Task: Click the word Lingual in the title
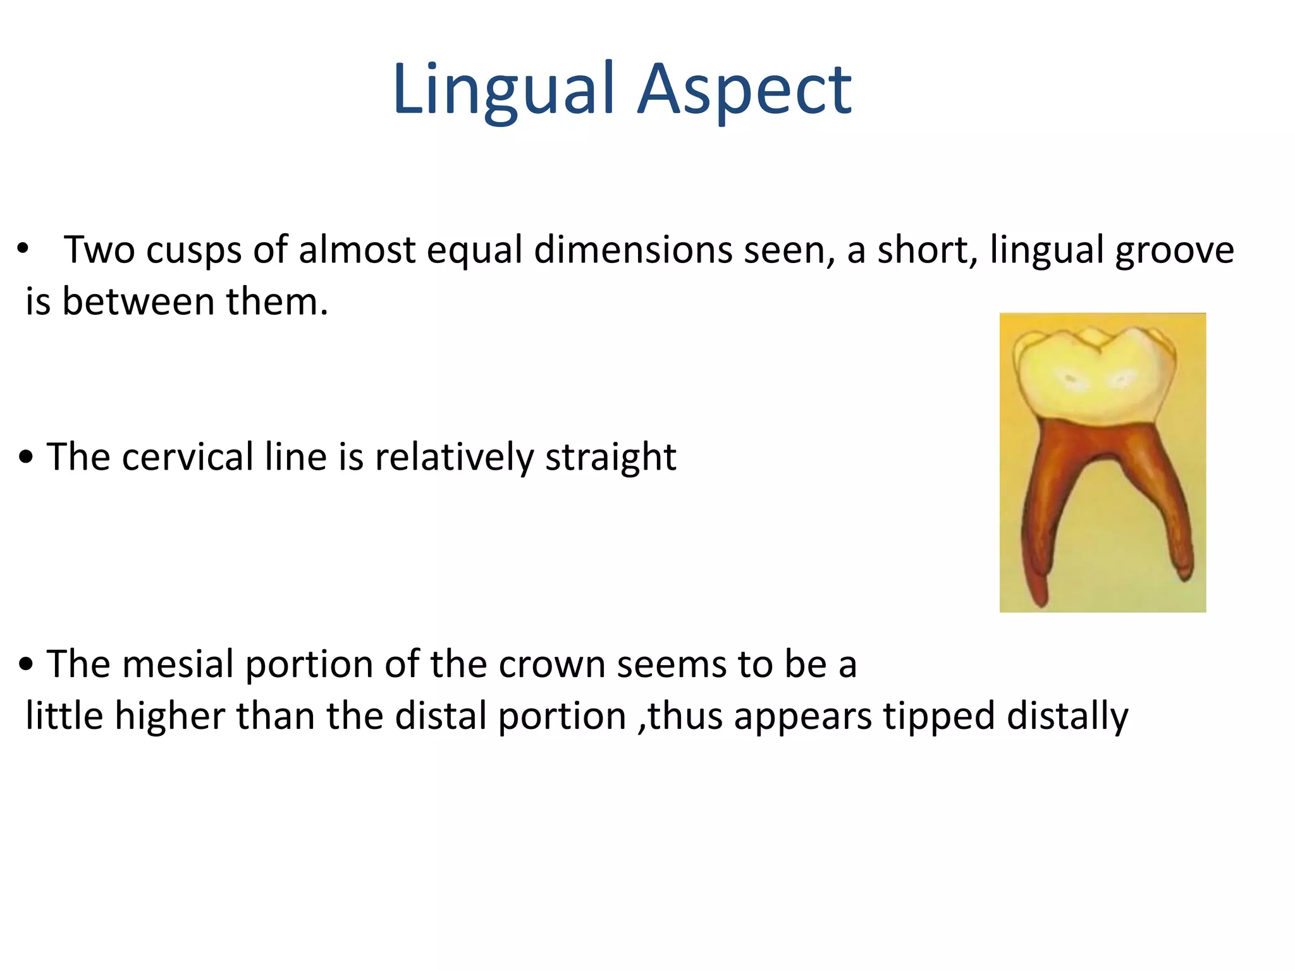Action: click(x=503, y=90)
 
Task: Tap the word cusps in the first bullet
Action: click(x=193, y=250)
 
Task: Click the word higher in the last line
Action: click(x=169, y=716)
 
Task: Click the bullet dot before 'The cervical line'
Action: click(x=25, y=457)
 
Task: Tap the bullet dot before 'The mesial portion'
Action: click(x=25, y=665)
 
